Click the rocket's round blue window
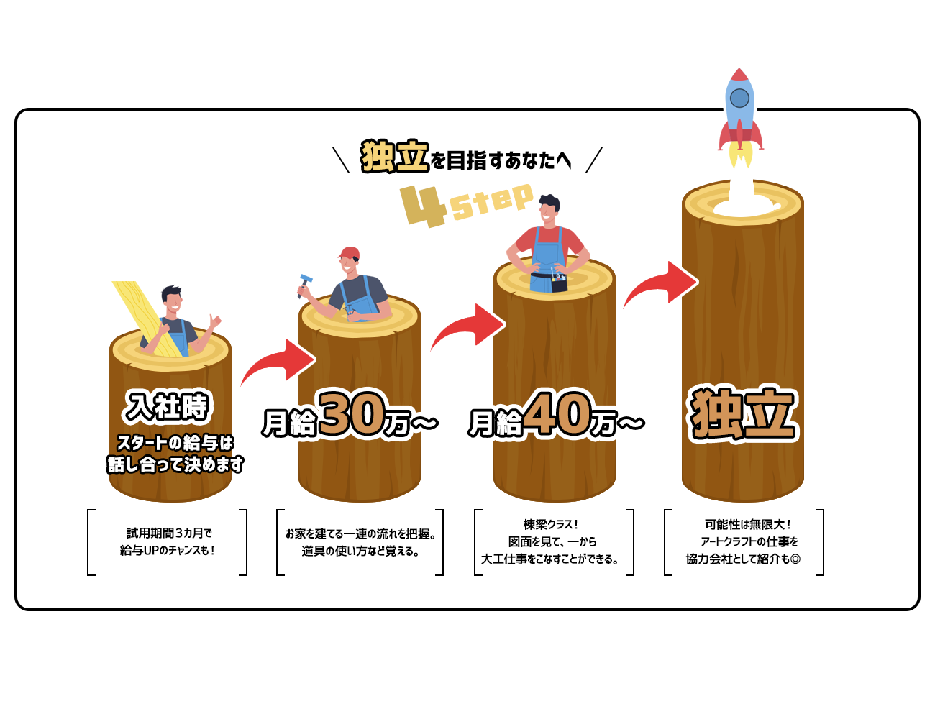click(x=739, y=98)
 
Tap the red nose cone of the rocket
click(x=739, y=75)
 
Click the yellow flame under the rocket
click(x=740, y=156)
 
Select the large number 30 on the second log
click(x=351, y=413)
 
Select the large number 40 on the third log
click(x=557, y=412)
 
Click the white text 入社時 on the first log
click(x=168, y=406)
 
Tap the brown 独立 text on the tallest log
click(x=742, y=413)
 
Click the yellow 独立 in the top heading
click(x=395, y=156)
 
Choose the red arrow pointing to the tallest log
click(x=661, y=284)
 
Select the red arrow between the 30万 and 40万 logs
click(x=468, y=326)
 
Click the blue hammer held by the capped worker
click(x=305, y=285)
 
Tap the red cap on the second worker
click(x=349, y=253)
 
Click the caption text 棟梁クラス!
click(x=550, y=524)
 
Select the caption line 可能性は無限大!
click(x=747, y=524)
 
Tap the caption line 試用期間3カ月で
click(x=169, y=533)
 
